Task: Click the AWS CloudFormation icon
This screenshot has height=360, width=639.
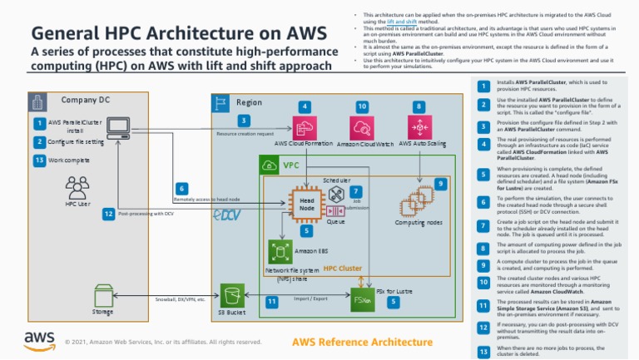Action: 305,128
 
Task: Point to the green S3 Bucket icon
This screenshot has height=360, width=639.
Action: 230,295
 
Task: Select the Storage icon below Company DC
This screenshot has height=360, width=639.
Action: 104,295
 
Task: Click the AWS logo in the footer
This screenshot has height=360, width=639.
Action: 40,341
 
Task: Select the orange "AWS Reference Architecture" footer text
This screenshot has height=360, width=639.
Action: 363,342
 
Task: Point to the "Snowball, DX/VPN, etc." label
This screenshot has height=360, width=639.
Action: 181,299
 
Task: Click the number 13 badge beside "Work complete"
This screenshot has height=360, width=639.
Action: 39,160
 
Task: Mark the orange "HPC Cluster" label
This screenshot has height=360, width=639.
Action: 342,269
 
